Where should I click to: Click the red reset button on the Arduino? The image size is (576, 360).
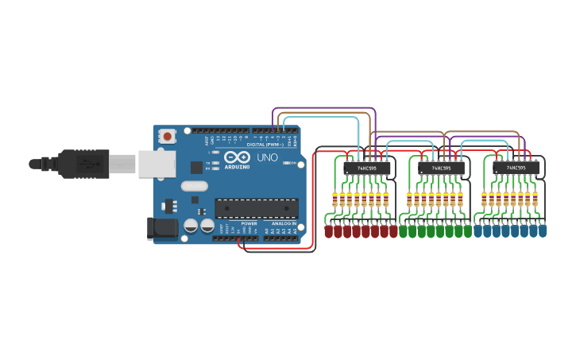click(167, 137)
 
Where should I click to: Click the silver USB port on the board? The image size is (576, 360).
click(157, 164)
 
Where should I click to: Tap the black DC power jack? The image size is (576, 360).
click(163, 228)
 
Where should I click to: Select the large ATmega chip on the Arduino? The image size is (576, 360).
click(257, 208)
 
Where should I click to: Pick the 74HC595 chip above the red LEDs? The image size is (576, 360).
click(367, 168)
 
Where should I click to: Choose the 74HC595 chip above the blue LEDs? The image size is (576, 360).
click(516, 168)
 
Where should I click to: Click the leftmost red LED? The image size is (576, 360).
click(329, 231)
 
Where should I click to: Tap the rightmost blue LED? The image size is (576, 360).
click(543, 231)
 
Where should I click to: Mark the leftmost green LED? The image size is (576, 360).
click(404, 231)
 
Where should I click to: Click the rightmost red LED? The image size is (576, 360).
click(393, 231)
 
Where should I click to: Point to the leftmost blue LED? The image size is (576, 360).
click(477, 231)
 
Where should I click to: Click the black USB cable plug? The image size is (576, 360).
click(83, 164)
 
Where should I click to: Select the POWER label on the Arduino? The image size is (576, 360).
click(249, 223)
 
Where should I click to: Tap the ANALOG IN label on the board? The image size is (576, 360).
click(284, 223)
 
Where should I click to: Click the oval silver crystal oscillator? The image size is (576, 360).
click(194, 187)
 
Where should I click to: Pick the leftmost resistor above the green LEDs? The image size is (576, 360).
click(409, 199)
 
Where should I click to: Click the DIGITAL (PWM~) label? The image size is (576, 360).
click(265, 144)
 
